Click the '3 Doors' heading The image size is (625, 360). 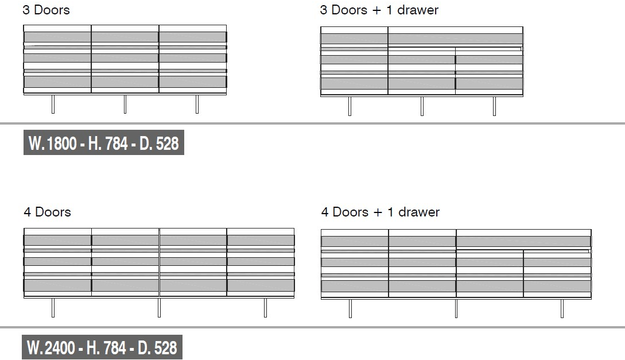click(x=46, y=10)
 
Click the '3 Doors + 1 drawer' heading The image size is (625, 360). click(x=379, y=10)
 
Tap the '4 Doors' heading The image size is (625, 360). click(x=48, y=212)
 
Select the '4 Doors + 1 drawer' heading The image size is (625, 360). click(x=381, y=212)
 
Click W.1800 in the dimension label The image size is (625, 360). click(x=53, y=143)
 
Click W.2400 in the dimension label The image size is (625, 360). click(x=51, y=347)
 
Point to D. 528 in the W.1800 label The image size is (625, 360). click(x=159, y=143)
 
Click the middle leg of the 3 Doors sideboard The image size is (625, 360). click(x=125, y=104)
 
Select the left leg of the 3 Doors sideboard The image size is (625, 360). click(x=53, y=104)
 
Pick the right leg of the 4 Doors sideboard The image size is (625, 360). click(x=266, y=308)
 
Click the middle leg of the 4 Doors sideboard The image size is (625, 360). click(x=159, y=308)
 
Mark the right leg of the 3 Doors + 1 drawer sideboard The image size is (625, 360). click(x=494, y=106)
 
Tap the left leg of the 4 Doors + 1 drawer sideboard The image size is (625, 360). click(x=350, y=308)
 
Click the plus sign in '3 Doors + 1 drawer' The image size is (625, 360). click(x=376, y=10)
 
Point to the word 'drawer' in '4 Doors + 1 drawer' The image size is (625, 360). click(x=419, y=212)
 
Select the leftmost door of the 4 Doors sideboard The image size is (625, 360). click(x=58, y=262)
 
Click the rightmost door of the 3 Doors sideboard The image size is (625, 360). click(x=193, y=59)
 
